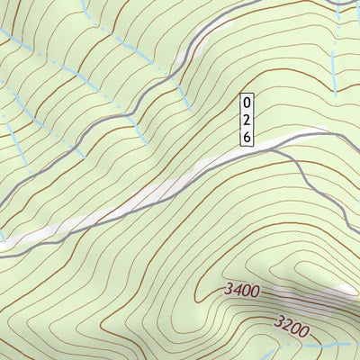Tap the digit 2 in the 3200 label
[285, 325]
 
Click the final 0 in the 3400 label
[255, 293]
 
